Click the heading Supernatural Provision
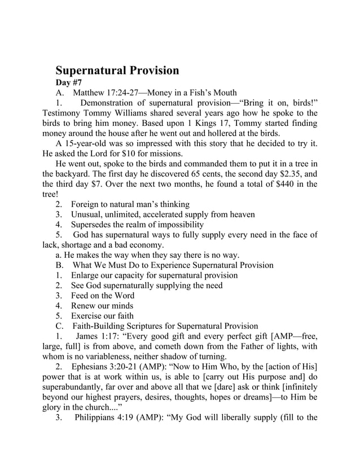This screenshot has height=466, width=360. pos(117,71)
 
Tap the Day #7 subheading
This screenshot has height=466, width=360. pos(72,82)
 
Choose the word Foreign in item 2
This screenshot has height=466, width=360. pos(86,204)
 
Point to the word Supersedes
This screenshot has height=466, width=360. pos(94,225)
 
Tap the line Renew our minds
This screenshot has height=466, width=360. pos(102,306)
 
